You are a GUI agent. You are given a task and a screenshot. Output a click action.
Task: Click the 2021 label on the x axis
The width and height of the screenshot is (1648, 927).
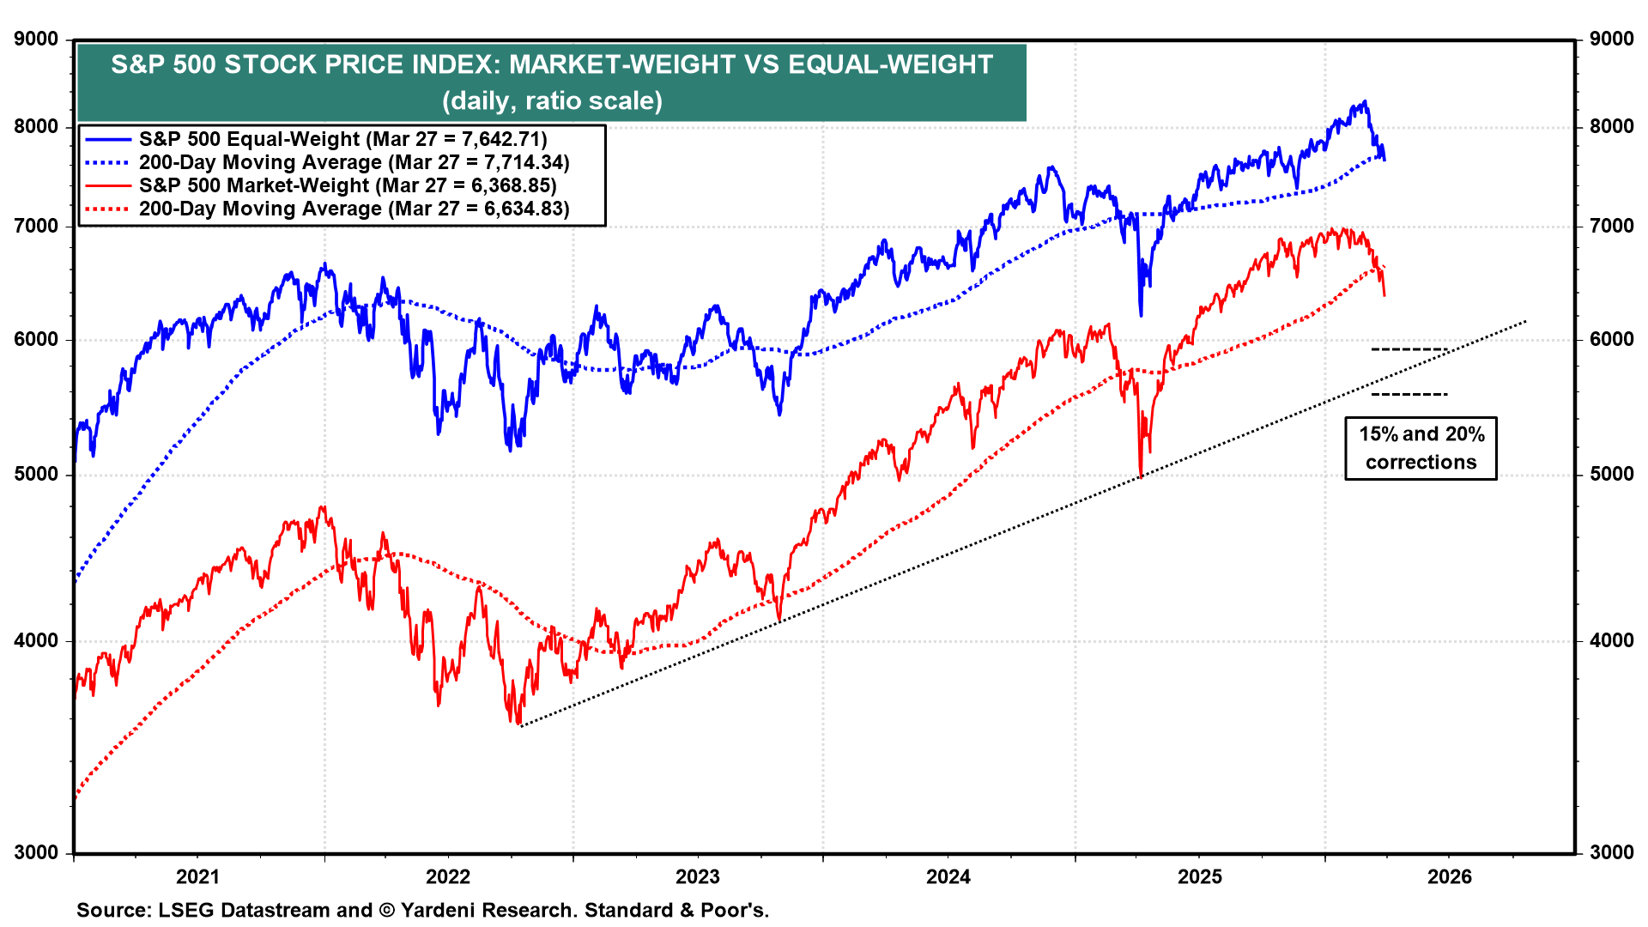(x=197, y=876)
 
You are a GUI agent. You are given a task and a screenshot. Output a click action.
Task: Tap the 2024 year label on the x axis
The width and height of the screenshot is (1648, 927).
(x=948, y=876)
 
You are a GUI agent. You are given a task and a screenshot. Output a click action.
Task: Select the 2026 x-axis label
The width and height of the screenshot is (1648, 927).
(x=1449, y=876)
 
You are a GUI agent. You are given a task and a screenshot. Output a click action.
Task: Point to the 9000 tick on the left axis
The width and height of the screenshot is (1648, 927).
(x=37, y=39)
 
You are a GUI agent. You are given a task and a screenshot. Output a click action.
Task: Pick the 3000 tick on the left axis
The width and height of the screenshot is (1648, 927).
(x=37, y=852)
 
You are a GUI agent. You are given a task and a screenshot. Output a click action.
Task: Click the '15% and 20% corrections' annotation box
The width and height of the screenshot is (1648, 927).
(x=1421, y=448)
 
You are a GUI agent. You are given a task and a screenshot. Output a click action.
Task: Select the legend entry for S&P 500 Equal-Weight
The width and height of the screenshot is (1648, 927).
(x=342, y=139)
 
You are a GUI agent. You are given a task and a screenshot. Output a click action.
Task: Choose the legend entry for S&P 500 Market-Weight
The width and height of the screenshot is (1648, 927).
(x=347, y=185)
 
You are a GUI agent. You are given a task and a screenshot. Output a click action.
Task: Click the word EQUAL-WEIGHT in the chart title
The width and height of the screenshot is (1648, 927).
(x=890, y=65)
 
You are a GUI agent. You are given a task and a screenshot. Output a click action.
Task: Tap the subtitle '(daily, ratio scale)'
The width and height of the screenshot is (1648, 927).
(x=552, y=101)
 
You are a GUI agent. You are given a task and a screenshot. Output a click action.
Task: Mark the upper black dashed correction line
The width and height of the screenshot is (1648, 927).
(x=1409, y=349)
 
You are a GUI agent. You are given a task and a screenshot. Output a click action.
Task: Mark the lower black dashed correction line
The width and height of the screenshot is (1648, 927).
(x=1409, y=394)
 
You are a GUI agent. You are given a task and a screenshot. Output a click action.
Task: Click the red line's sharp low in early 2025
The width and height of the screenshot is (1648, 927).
(x=1140, y=475)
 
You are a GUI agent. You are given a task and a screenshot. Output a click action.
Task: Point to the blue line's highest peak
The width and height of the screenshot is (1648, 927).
(x=1364, y=102)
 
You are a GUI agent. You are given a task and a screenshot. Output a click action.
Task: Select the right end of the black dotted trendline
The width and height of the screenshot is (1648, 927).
(x=1525, y=322)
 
